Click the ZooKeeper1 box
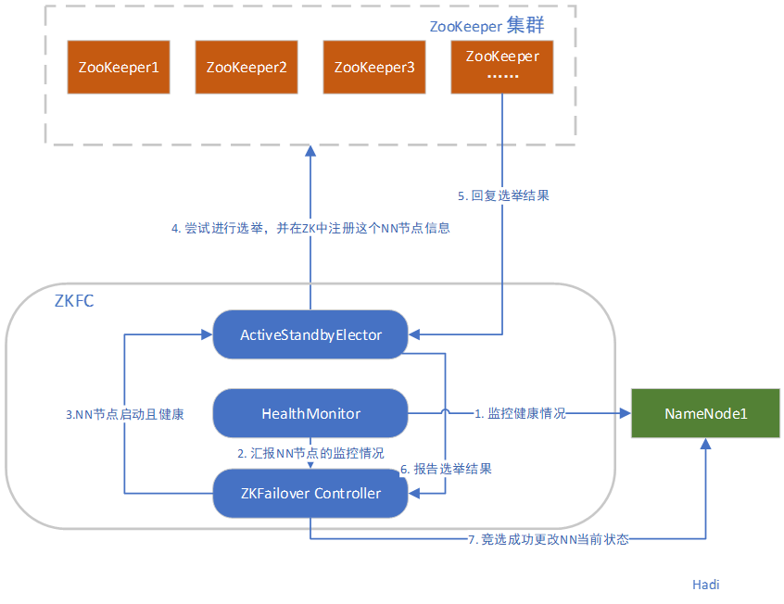tap(119, 67)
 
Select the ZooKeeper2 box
tap(247, 67)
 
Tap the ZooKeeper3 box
tap(374, 67)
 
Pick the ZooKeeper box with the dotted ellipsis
tap(502, 67)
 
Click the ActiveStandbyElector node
tap(310, 334)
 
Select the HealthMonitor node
tap(310, 413)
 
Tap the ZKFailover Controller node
tap(310, 493)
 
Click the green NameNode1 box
tap(705, 413)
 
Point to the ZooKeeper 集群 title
tap(487, 26)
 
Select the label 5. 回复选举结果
tap(511, 195)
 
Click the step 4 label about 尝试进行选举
tap(310, 228)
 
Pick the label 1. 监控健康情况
tap(520, 414)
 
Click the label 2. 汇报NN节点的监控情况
tap(310, 454)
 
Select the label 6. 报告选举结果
tap(446, 469)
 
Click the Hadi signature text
tap(705, 585)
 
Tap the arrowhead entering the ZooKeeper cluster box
tap(310, 151)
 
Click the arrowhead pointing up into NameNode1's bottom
tap(705, 446)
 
